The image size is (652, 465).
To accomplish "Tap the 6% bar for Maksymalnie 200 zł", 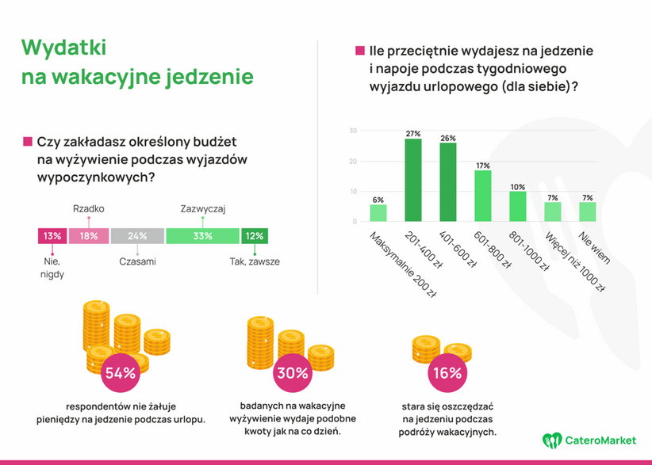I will (x=378, y=212).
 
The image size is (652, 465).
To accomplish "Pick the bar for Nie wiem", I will (x=587, y=212).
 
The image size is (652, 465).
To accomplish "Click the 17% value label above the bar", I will (x=482, y=165).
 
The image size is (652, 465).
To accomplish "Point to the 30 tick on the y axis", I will (x=353, y=131).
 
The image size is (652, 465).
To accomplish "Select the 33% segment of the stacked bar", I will (x=202, y=235).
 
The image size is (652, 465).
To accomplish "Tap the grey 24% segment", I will (x=137, y=235).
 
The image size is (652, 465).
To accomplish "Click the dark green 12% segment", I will (x=255, y=235).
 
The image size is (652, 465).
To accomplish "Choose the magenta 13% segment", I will (x=52, y=235).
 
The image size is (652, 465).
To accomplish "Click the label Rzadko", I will (x=88, y=208).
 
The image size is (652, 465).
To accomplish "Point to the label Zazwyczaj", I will (x=203, y=208).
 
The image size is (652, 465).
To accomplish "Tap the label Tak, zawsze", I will (x=255, y=261).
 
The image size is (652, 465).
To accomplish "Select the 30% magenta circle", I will (x=291, y=372).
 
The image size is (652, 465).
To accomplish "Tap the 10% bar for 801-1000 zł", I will (x=517, y=206).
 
